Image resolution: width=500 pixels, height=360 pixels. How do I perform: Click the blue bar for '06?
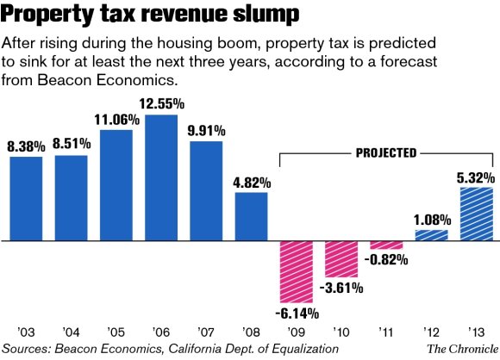coord(161,178)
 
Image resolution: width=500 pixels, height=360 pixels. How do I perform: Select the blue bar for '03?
coord(26,199)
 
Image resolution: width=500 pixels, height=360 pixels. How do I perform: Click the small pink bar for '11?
coord(386,245)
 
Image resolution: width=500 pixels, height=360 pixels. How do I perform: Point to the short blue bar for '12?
coord(431,235)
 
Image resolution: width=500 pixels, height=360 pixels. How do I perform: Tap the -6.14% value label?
coord(297,312)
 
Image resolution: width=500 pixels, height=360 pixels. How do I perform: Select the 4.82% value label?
coord(253,183)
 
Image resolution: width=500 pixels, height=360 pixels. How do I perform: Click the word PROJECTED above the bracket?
coord(386,152)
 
